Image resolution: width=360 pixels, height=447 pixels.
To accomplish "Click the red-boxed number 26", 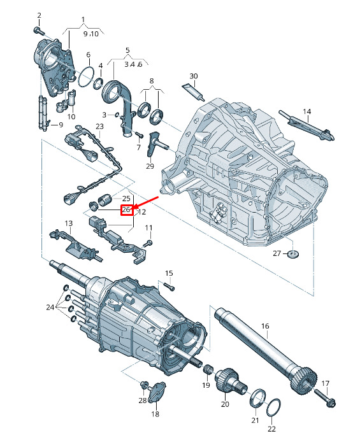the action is [x=126, y=210].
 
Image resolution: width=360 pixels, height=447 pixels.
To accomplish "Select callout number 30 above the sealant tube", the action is [x=194, y=76].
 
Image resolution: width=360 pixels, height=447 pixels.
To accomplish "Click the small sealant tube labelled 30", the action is [x=193, y=92].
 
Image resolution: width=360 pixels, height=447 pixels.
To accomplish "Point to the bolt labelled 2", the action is [x=38, y=30].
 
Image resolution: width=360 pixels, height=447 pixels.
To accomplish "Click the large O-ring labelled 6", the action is [x=85, y=76].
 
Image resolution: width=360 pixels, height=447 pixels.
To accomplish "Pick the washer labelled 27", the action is [x=292, y=253].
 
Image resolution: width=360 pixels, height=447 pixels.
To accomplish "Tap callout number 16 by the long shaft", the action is [x=265, y=326].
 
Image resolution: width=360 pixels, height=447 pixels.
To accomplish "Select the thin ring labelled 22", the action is [x=273, y=407].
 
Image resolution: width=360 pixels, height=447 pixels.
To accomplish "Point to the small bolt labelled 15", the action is [x=169, y=287].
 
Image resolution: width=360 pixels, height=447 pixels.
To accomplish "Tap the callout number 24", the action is [x=50, y=308].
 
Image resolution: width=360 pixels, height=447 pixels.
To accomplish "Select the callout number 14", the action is [x=306, y=111].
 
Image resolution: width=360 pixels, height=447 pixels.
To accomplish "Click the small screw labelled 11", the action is [x=148, y=243].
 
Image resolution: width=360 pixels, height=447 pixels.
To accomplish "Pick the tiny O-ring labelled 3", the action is [x=116, y=115].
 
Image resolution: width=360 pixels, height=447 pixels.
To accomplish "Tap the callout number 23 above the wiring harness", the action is [x=99, y=126].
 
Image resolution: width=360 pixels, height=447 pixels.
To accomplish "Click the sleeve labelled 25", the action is [x=104, y=199].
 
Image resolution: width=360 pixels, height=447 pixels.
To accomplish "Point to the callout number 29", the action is [x=150, y=166].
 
